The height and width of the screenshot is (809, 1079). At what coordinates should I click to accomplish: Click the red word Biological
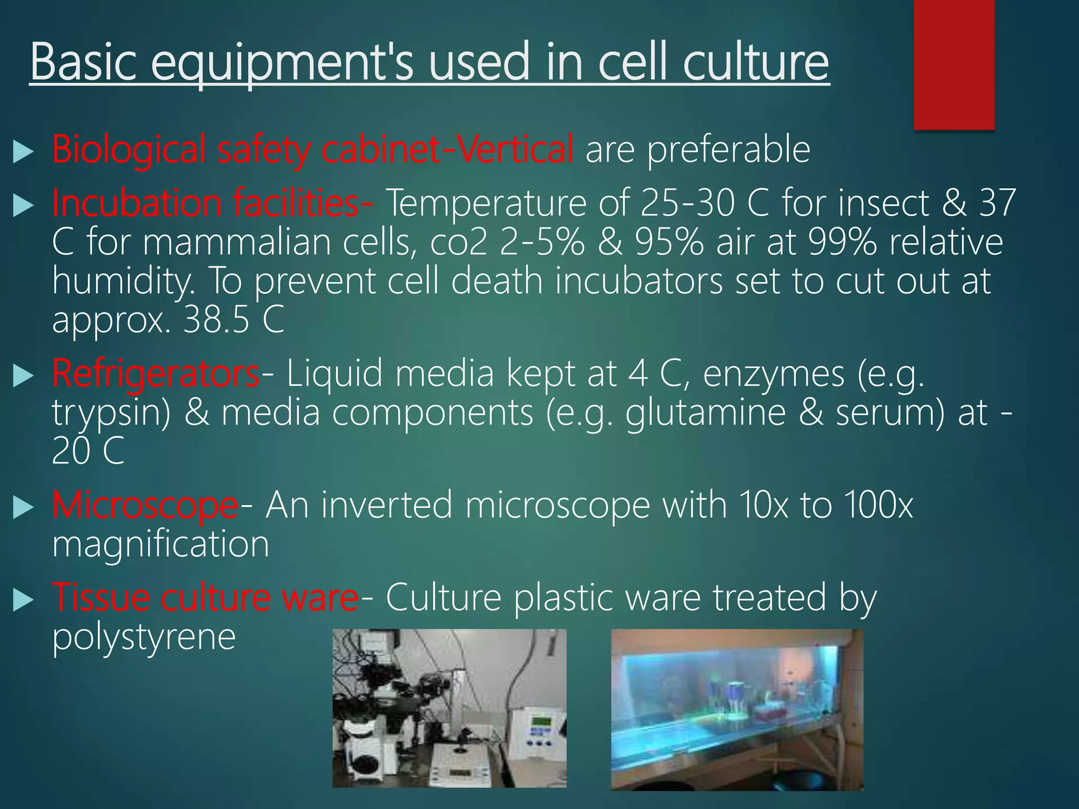pyautogui.click(x=129, y=150)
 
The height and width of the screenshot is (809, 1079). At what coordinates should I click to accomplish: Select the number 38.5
pyautogui.click(x=216, y=320)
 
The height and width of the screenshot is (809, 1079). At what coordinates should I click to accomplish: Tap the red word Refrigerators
pyautogui.click(x=155, y=373)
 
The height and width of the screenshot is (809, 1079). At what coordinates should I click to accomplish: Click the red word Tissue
pyautogui.click(x=100, y=597)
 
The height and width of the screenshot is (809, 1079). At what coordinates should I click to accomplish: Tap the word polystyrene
pyautogui.click(x=143, y=638)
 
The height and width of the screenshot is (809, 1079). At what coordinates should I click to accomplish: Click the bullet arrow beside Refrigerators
pyautogui.click(x=23, y=376)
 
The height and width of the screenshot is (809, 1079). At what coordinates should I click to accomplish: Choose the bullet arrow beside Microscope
pyautogui.click(x=23, y=508)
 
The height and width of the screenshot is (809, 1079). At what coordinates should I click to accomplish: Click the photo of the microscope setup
pyautogui.click(x=449, y=708)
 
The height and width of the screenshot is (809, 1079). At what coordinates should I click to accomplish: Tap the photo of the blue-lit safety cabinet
pyautogui.click(x=737, y=709)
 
